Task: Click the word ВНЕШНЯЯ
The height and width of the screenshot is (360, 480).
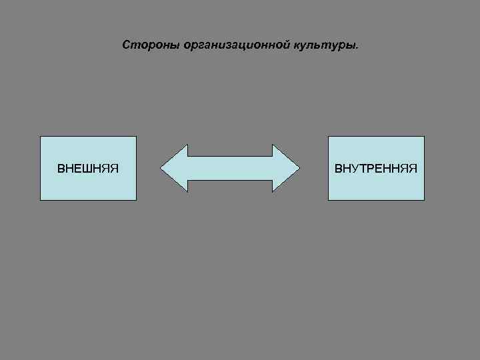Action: click(88, 168)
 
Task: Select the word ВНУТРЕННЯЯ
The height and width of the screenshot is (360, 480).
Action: click(376, 168)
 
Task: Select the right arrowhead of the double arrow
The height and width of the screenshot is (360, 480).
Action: click(287, 168)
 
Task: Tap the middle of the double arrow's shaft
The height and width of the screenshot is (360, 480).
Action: click(230, 168)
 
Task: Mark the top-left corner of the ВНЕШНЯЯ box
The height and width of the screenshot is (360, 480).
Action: click(41, 137)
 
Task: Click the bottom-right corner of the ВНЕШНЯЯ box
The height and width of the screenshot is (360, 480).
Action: click(136, 200)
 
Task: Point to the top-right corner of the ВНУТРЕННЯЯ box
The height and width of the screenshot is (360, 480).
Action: click(424, 137)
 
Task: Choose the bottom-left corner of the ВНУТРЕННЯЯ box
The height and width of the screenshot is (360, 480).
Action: click(328, 200)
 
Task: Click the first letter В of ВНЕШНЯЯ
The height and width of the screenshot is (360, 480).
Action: click(61, 168)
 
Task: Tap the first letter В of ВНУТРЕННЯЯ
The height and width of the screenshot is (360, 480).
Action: click(339, 168)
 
